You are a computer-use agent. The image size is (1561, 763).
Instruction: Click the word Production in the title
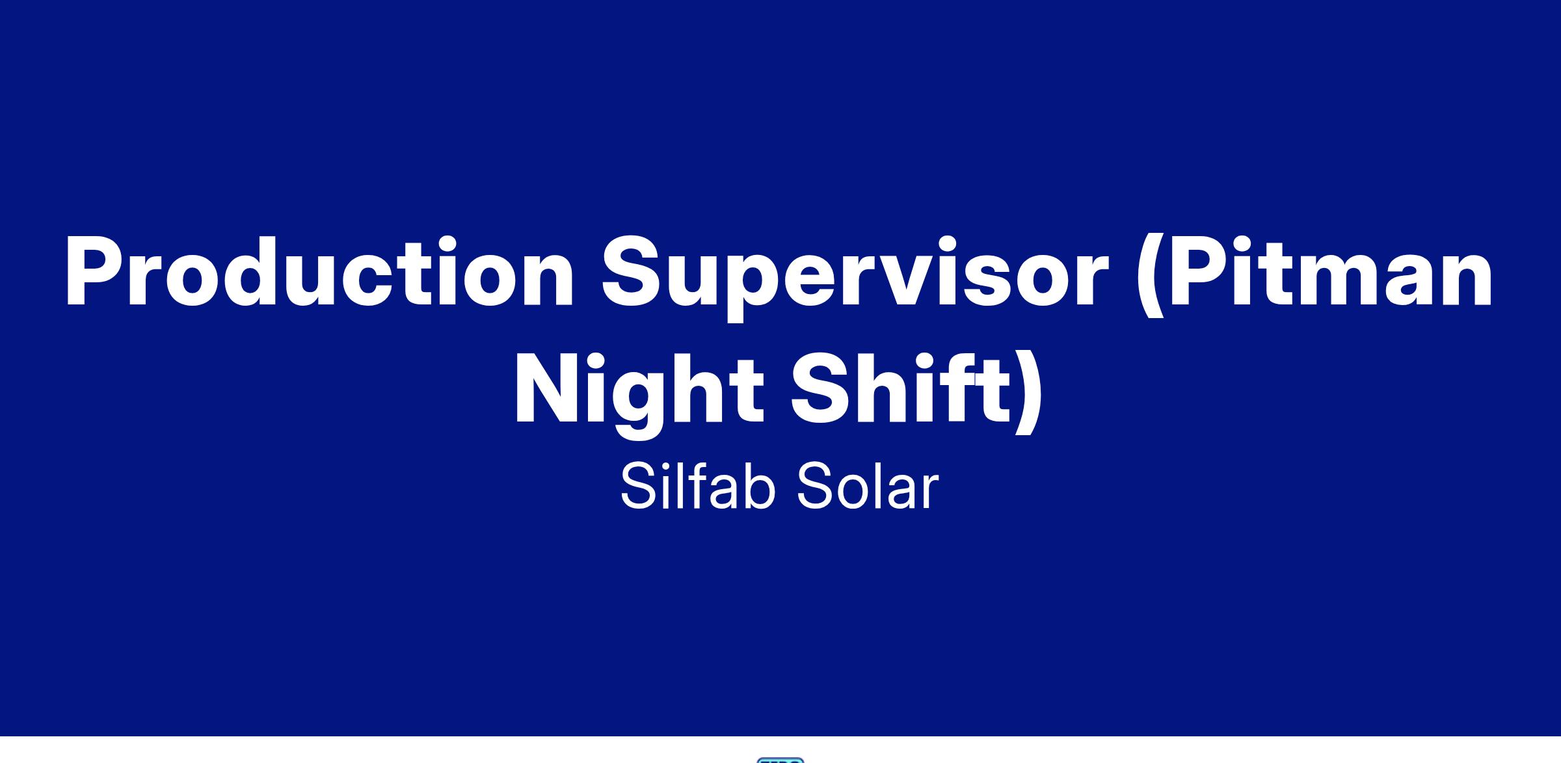tap(319, 271)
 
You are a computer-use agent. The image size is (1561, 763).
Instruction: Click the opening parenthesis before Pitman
tap(1150, 276)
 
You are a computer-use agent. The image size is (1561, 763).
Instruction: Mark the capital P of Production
tap(96, 271)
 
